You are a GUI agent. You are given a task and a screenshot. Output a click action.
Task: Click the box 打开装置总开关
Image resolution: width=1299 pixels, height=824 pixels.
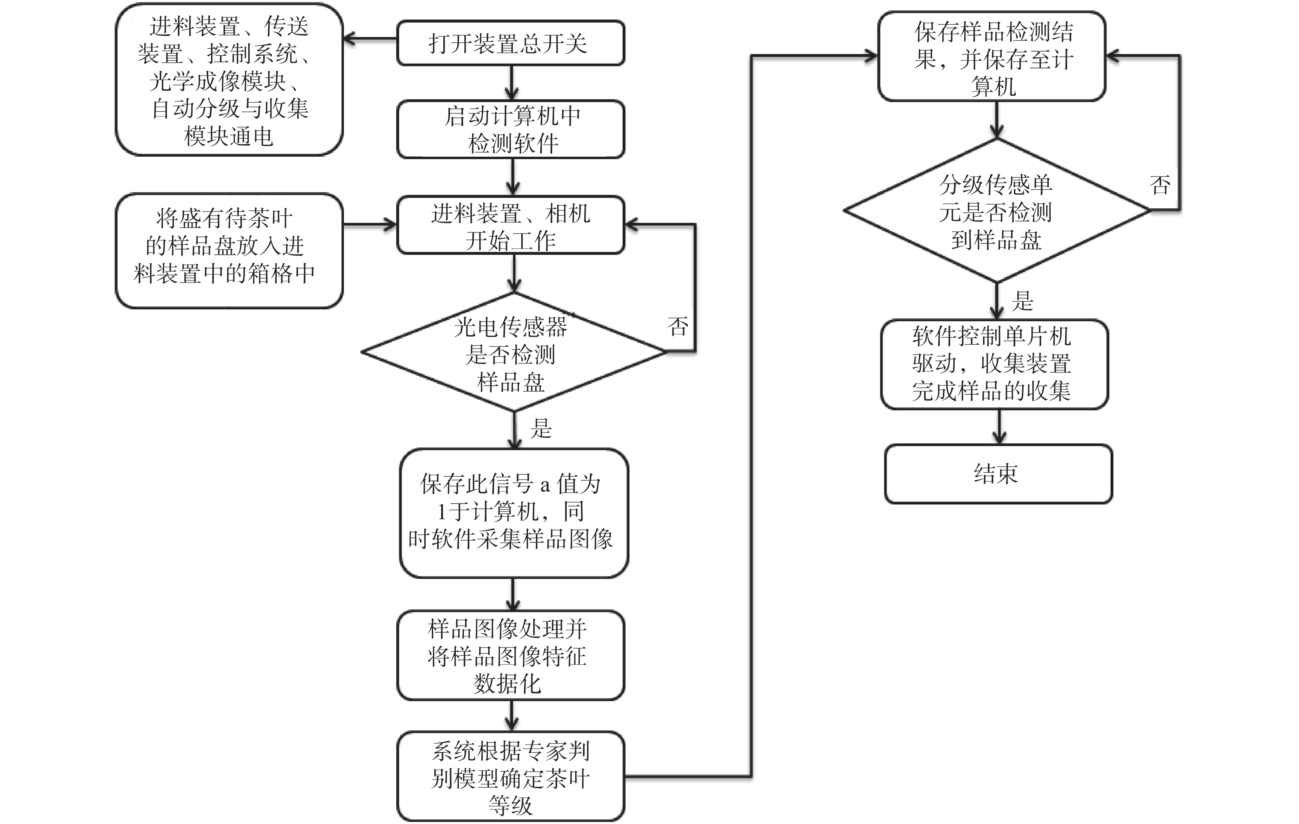[511, 43]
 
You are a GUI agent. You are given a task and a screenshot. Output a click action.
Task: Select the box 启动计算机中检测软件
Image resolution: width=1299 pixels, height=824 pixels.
[511, 129]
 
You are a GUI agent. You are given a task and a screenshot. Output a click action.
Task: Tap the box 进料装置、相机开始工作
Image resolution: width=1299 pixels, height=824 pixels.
[511, 226]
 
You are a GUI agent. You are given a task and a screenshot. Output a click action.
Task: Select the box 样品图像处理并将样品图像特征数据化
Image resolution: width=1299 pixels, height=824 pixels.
[511, 656]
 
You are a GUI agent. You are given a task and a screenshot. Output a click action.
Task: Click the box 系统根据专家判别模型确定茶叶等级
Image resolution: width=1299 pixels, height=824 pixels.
[511, 777]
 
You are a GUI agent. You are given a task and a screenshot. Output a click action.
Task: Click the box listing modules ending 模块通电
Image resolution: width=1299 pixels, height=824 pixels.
[229, 80]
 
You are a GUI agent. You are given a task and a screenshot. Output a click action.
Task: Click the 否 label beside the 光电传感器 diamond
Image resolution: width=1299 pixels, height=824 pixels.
[678, 327]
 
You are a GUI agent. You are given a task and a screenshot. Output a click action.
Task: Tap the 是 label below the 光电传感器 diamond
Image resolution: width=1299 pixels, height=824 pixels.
[541, 428]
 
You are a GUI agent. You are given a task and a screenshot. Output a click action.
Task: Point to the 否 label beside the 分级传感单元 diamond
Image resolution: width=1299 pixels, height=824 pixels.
[1160, 186]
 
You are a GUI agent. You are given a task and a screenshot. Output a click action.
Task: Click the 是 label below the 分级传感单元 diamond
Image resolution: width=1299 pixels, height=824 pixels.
[1022, 301]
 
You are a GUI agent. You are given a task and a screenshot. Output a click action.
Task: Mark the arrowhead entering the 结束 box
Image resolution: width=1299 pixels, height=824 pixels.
[999, 438]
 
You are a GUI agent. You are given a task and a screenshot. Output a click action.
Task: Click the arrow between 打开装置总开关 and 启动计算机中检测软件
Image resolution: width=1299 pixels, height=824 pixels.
[511, 83]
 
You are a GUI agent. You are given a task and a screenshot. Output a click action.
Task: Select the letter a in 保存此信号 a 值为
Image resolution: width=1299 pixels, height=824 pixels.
[545, 485]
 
